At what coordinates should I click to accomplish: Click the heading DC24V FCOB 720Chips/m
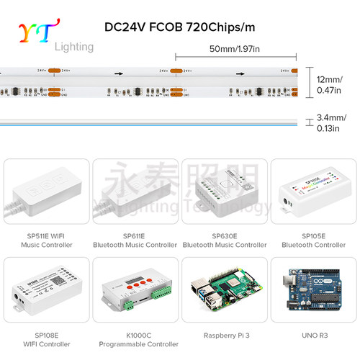[179, 28]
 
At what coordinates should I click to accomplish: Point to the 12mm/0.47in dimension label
[331, 84]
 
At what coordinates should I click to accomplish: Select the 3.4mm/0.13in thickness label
[331, 122]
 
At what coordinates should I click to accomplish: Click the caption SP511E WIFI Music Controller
[46, 240]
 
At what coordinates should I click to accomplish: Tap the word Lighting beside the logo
[74, 47]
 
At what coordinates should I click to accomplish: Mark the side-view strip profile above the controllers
[144, 121]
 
